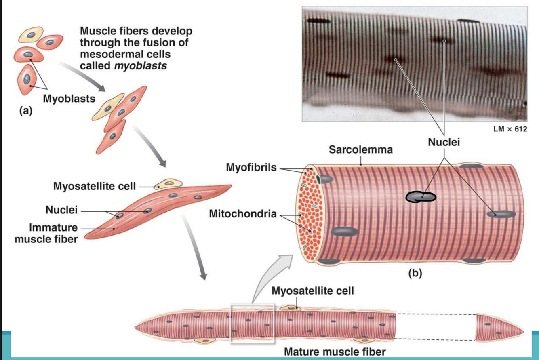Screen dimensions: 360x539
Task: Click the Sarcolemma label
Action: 360,150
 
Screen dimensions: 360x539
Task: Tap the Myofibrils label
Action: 251,167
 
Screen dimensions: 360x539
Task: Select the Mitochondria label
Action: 242,214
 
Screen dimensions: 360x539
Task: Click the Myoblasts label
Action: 69,99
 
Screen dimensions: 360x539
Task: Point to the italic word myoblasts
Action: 140,65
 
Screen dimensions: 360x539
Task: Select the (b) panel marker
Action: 415,274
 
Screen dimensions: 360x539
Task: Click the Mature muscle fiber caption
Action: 335,351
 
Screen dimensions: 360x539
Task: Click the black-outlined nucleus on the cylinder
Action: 421,197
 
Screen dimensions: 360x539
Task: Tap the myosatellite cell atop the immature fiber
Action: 165,184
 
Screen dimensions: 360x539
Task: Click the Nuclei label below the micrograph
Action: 444,142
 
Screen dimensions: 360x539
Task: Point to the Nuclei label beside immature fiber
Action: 61,210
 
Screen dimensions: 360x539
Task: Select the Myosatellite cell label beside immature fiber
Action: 95,187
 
